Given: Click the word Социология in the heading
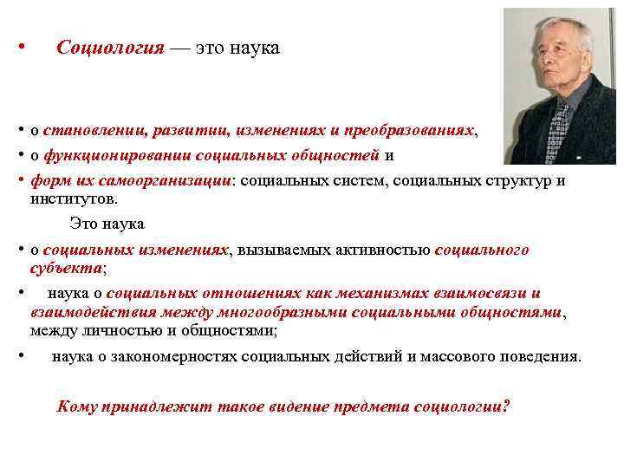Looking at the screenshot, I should (x=110, y=49).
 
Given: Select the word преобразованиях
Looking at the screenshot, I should (x=409, y=130).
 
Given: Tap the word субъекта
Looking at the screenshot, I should (x=66, y=268).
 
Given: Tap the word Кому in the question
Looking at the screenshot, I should (x=77, y=406).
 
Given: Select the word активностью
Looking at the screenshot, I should (x=388, y=250).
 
